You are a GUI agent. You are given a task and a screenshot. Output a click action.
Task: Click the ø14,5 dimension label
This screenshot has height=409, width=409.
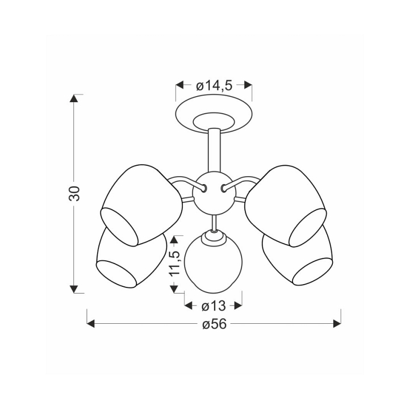214,86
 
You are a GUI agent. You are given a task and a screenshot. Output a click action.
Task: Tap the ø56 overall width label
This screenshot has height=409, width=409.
214,324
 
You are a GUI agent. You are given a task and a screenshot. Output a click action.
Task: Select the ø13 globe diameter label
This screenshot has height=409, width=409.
214,306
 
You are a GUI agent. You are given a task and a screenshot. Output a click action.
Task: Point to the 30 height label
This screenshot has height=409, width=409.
74,193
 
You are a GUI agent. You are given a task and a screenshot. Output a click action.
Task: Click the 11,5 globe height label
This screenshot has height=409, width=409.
174,263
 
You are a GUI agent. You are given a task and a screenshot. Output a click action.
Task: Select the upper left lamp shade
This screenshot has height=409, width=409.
141,205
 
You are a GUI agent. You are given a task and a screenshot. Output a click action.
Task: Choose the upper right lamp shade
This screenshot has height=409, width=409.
286,206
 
